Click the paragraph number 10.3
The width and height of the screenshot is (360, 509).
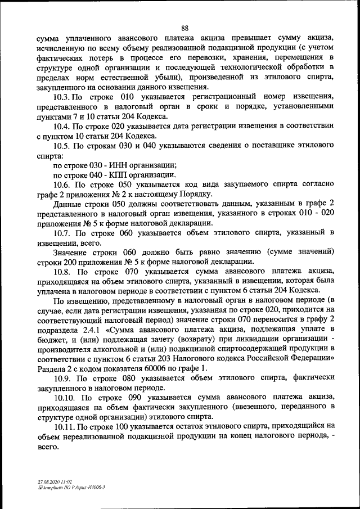62,97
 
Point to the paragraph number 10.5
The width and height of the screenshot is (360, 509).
62,146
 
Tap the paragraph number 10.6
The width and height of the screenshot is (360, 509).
62,184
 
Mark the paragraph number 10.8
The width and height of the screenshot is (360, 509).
62,271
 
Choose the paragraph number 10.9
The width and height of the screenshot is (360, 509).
62,378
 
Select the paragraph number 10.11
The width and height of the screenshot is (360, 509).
64,426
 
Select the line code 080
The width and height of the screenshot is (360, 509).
127,378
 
